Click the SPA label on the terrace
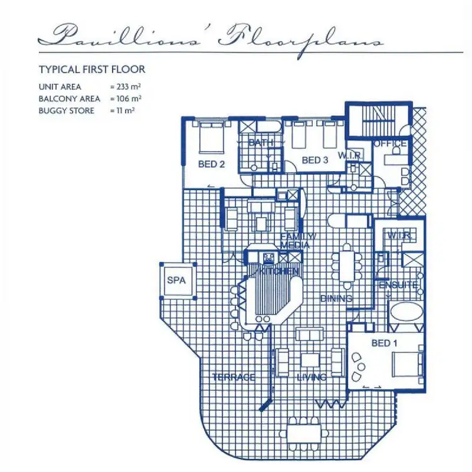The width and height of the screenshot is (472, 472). pos(176,280)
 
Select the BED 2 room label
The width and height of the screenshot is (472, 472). pos(212,165)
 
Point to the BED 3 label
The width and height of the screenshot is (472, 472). pos(315,160)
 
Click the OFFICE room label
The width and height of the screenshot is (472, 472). pos(391,143)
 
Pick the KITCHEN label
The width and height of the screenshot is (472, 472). pos(279,271)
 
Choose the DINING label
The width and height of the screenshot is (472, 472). pos(335,298)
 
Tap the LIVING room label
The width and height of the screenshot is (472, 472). pos(311,377)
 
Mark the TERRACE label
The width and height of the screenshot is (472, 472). pos(233,377)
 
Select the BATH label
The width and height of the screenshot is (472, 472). pos(261,143)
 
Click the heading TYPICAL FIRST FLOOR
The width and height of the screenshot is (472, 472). pos(92,69)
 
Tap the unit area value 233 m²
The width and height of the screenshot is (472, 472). pos(125,86)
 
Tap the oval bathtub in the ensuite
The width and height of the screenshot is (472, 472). pos(405,313)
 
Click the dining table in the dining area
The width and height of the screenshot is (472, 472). pos(346,265)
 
